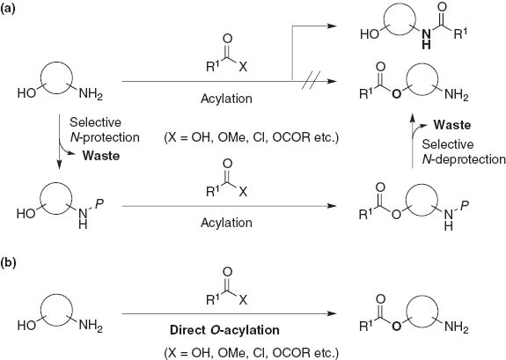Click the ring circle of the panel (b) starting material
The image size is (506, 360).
pos(57,302)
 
